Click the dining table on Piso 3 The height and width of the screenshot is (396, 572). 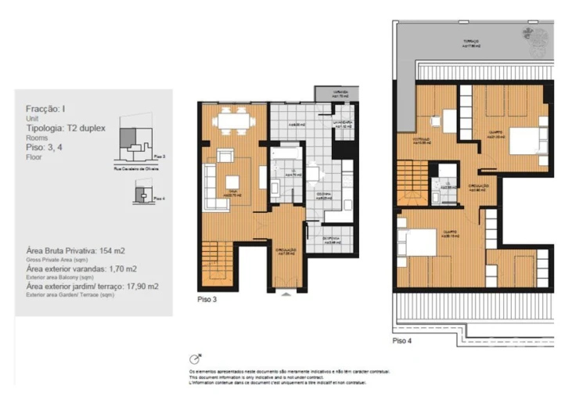(x=232, y=123)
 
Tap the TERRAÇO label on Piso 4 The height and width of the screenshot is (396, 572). (x=470, y=45)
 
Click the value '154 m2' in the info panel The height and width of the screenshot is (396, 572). (x=109, y=251)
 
